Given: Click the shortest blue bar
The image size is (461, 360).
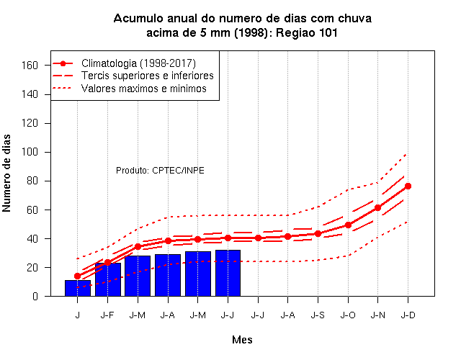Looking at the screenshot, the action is (x=78, y=288).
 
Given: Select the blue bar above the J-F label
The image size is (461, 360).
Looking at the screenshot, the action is (x=108, y=279).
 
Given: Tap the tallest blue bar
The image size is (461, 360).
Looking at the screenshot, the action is (x=228, y=273).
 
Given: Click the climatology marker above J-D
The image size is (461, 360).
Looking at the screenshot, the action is (x=408, y=186).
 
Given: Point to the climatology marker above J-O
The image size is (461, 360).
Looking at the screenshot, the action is (x=348, y=225).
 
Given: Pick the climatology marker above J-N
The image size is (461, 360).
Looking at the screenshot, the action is (x=377, y=208).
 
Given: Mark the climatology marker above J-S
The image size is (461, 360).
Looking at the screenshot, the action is (x=318, y=233).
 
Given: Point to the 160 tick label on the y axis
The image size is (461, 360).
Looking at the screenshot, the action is (x=30, y=65).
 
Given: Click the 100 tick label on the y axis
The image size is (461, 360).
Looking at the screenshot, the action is (x=30, y=152).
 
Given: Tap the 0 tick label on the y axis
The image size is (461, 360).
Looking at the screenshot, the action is (x=35, y=296).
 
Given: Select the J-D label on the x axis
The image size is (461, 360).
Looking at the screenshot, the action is (x=408, y=315).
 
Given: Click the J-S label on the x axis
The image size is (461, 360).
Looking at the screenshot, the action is (x=318, y=315).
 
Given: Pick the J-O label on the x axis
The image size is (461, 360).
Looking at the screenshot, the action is (x=348, y=315).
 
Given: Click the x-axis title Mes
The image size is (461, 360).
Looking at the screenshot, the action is (x=242, y=340).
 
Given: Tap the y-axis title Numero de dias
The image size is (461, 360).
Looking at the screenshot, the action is (x=6, y=173).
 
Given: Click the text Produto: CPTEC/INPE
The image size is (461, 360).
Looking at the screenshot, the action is (x=160, y=171).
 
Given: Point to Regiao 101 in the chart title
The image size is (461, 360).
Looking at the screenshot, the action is (x=306, y=32).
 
